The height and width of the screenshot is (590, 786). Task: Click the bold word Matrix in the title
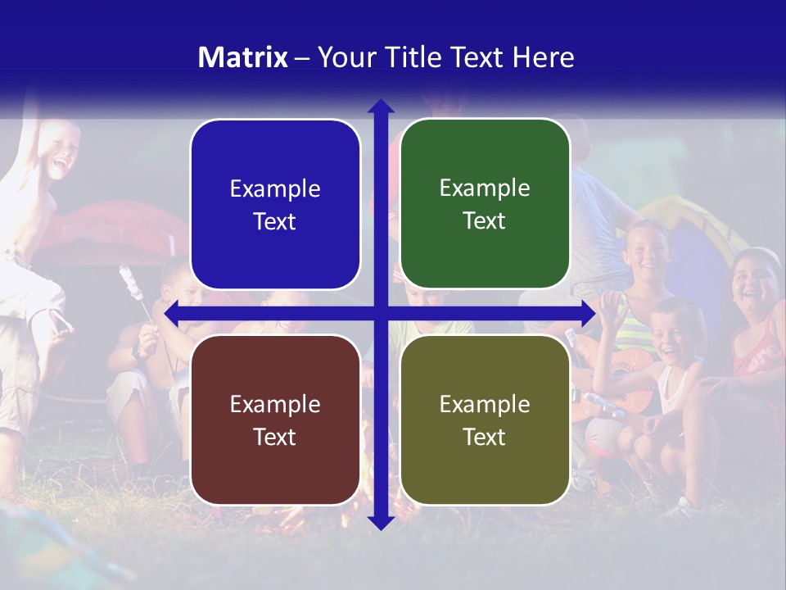(242, 57)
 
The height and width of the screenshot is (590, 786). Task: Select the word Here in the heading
(543, 57)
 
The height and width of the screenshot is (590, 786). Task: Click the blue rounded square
(275, 204)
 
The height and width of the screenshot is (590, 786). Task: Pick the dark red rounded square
(275, 420)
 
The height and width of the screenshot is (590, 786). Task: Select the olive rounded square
(485, 420)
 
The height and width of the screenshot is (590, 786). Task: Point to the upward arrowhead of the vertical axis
(381, 106)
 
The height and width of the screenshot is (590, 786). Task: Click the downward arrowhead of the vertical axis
(381, 523)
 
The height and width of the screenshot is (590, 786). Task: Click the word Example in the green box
(485, 188)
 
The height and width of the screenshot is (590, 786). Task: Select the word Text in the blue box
(275, 222)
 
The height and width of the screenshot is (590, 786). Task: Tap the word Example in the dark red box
(275, 404)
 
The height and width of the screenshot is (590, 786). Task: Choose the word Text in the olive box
(485, 437)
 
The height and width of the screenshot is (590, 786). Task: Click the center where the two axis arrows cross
(381, 313)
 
